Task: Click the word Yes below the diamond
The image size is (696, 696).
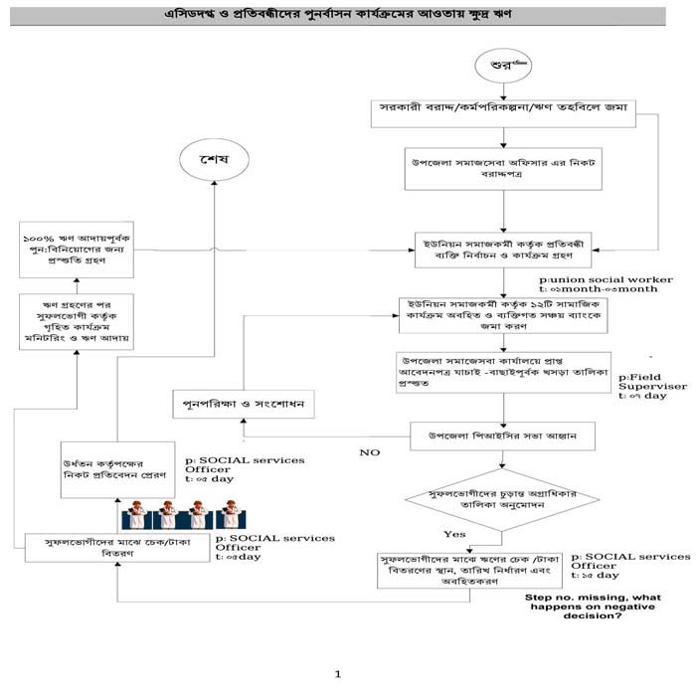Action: [x=454, y=534]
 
